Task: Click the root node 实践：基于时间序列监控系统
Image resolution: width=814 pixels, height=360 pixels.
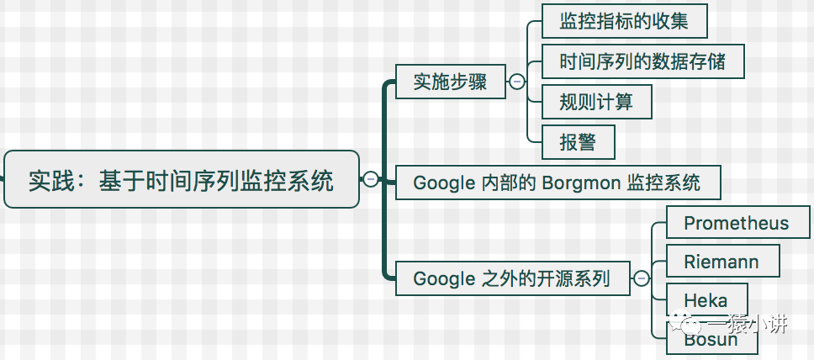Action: coord(181,179)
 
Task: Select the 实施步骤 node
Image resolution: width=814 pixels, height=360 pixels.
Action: coord(450,82)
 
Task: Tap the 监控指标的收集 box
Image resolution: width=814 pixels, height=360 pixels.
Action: coord(624,21)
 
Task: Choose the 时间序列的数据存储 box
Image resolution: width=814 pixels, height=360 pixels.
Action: coord(642,61)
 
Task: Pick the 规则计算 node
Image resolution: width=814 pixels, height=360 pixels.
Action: coord(596,102)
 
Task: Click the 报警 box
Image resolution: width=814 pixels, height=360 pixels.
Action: coord(579,142)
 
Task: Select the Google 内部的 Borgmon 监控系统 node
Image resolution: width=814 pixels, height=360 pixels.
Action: coord(556,182)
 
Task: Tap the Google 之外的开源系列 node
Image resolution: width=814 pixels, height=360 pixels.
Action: coord(512,278)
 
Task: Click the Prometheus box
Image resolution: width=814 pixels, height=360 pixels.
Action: coord(736,223)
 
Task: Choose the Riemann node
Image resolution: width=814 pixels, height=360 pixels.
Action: coord(721,262)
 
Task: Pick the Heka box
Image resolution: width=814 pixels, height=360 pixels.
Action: coord(706,300)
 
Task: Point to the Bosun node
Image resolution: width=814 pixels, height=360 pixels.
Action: coord(711,340)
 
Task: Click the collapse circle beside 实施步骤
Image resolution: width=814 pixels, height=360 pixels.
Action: coord(517,82)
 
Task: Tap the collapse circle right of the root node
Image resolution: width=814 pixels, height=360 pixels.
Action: coord(371,179)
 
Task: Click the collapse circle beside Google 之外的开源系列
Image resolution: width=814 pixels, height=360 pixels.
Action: coord(642,278)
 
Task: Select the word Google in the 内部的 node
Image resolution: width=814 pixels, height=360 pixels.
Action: coord(444,183)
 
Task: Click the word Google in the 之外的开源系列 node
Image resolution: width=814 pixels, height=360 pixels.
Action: coord(444,278)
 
